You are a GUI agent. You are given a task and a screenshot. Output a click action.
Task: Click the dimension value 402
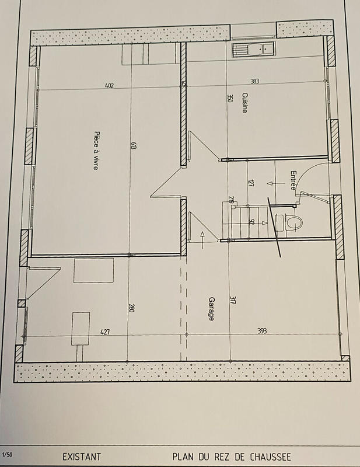(x=109, y=86)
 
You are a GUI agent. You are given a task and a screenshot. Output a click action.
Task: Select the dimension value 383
(x=254, y=82)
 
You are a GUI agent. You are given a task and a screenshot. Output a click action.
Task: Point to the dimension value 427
(x=105, y=332)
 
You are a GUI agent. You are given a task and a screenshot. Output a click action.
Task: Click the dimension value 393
(x=263, y=331)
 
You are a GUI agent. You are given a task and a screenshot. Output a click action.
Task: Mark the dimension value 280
(x=131, y=307)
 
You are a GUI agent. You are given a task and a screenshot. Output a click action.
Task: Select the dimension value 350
(x=229, y=100)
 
